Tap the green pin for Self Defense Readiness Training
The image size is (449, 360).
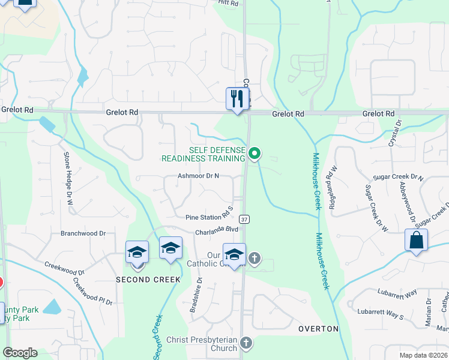(255, 154)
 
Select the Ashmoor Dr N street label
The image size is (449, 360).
(199, 176)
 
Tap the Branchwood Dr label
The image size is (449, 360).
(83, 233)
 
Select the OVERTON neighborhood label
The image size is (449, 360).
(319, 329)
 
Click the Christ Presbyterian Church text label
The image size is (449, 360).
(202, 343)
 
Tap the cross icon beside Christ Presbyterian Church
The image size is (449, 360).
(246, 343)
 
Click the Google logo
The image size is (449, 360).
(20, 353)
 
